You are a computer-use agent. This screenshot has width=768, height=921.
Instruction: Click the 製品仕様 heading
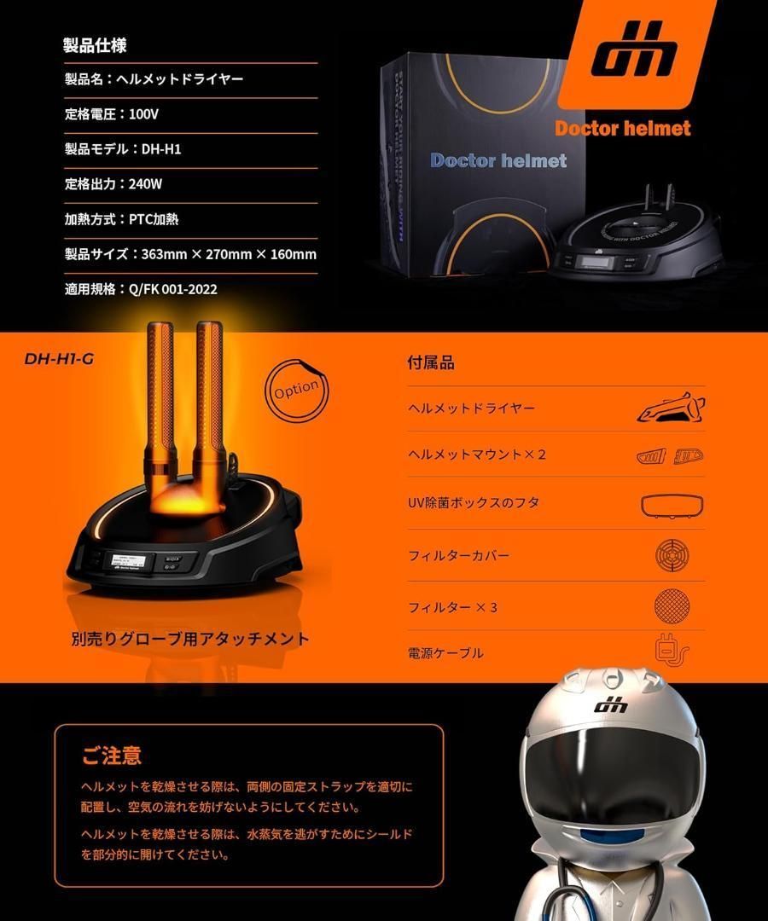(95, 45)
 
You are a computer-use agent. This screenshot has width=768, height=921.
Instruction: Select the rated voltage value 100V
(144, 113)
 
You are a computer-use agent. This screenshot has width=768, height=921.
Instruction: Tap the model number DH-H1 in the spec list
(161, 149)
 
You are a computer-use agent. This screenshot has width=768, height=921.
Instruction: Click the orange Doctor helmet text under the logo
(622, 128)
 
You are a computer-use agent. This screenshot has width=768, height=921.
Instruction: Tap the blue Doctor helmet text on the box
(498, 159)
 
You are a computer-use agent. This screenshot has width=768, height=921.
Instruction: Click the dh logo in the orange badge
(635, 58)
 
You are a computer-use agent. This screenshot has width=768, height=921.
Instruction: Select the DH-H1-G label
(59, 359)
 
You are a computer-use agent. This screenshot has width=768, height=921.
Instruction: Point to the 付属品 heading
(431, 362)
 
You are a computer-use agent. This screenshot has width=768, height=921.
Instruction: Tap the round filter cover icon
(672, 555)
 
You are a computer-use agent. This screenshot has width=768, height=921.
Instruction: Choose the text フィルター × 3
(452, 607)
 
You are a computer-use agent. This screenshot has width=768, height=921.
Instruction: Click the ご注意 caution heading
(111, 756)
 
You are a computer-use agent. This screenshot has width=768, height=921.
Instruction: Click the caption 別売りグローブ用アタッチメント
(190, 638)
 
